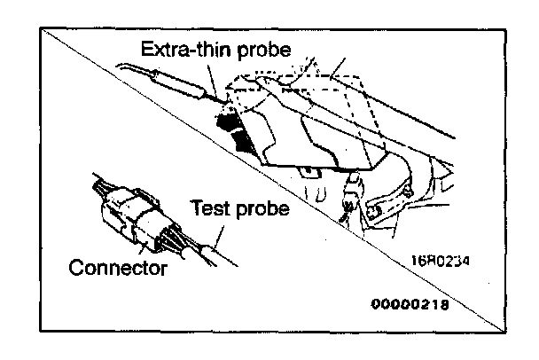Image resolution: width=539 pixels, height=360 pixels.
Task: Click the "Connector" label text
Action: tap(117, 266)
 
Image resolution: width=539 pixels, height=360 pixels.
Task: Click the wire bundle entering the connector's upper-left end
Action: tap(100, 189)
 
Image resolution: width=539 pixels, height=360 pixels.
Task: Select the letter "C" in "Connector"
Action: tap(75, 266)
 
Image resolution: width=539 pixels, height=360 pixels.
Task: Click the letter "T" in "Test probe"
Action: tap(197, 210)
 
